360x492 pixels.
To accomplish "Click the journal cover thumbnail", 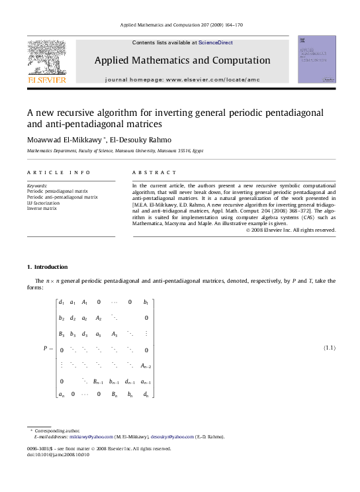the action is [316, 60].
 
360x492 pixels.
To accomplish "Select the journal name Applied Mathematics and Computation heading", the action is [182, 60].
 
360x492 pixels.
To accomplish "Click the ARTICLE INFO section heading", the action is [59, 172].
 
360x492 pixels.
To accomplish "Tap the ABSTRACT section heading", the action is [150, 172].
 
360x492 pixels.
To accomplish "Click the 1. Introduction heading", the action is [47, 267].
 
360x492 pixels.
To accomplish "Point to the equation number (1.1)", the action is [329, 348].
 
